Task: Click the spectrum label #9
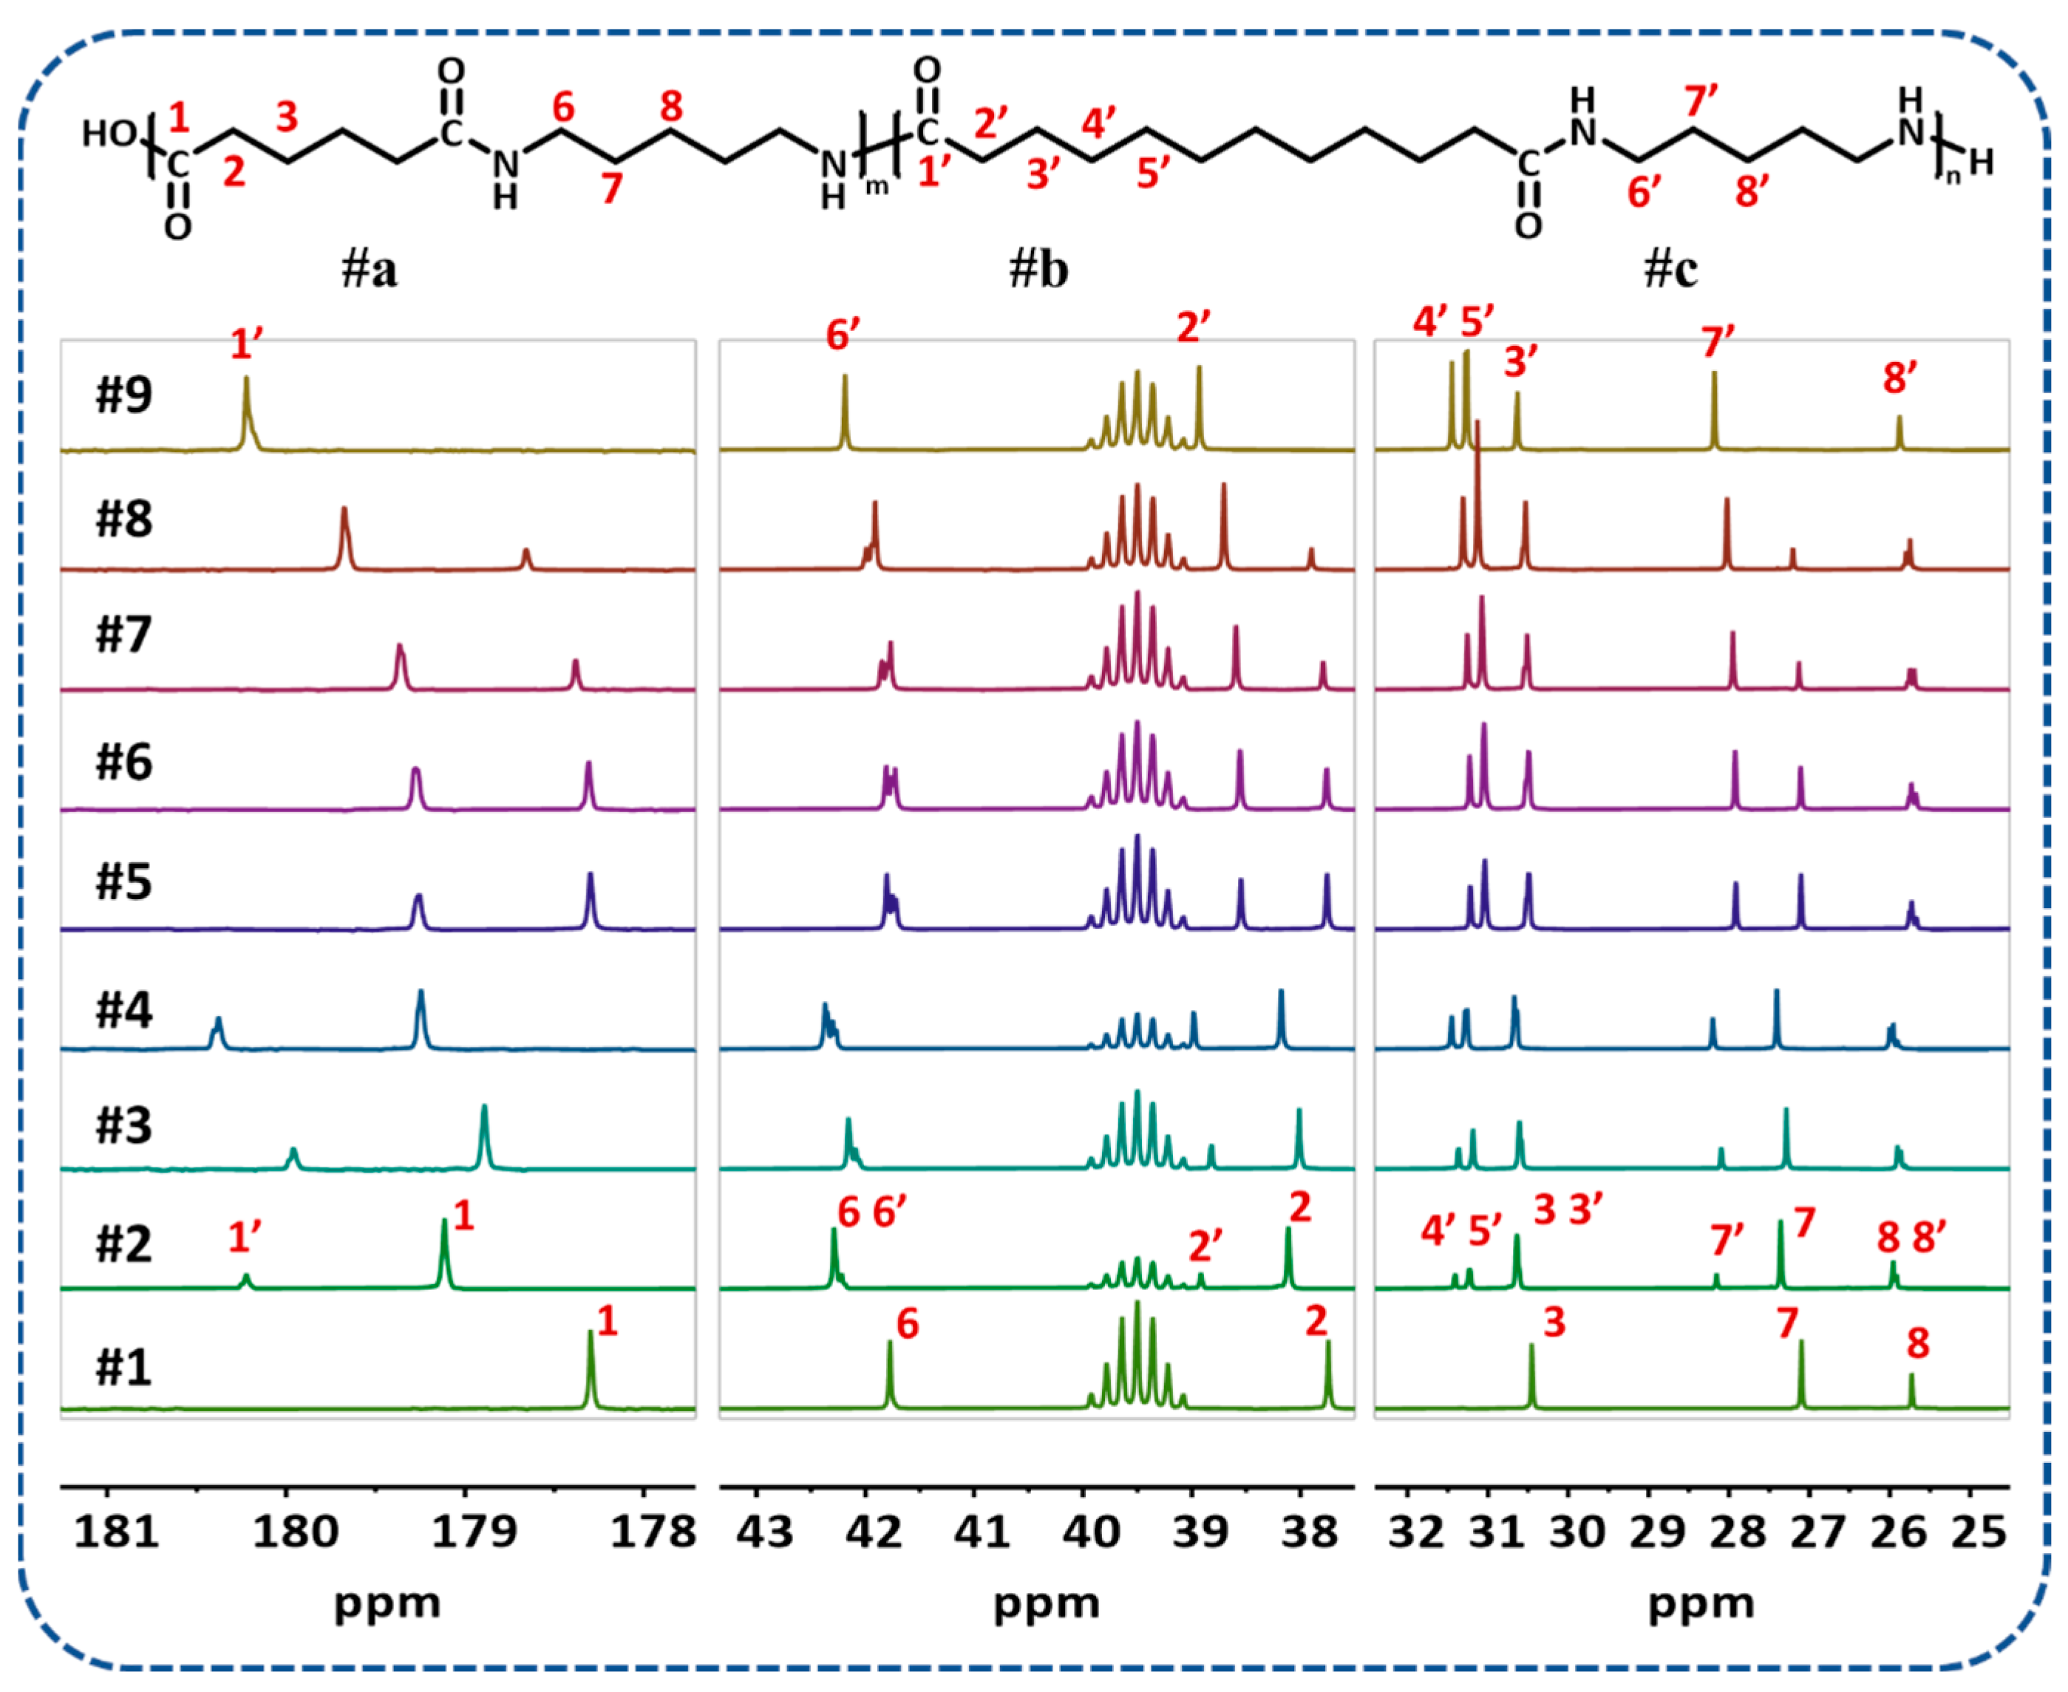click(124, 395)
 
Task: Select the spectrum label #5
click(124, 881)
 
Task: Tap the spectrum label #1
click(124, 1368)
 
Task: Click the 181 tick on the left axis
click(116, 1531)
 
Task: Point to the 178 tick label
click(653, 1531)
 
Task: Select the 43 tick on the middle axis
click(763, 1531)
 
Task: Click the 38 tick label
click(1310, 1531)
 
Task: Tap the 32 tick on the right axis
click(1415, 1531)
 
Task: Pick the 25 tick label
click(1979, 1531)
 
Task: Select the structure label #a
click(370, 269)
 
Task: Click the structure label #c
click(1670, 269)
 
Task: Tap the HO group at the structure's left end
click(108, 134)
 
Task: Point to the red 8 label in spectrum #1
click(1918, 1343)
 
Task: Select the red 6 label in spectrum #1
click(908, 1323)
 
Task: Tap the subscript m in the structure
click(877, 186)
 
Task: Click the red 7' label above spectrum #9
click(1718, 342)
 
